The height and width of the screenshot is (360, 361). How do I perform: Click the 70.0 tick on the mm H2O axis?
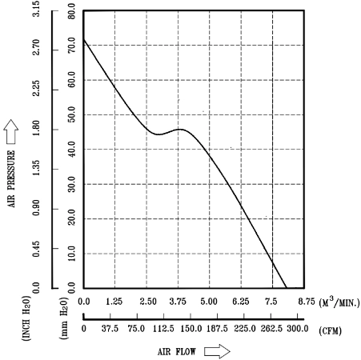71,45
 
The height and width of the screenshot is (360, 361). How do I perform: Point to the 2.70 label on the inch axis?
36,47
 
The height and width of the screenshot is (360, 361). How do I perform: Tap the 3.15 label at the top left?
36,9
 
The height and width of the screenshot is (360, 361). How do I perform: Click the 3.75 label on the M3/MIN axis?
178,302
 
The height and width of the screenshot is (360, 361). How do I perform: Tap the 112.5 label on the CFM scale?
163,329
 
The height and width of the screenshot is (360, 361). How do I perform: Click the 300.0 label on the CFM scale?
298,329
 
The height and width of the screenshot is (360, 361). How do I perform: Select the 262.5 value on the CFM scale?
271,329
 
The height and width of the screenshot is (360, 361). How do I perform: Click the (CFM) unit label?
330,331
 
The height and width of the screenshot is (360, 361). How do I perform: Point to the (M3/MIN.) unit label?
339,302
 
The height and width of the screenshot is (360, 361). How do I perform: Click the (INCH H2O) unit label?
26,318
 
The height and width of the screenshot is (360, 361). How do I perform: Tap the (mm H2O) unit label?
64,318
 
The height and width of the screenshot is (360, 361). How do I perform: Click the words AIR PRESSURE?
11,178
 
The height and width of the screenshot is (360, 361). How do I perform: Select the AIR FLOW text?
177,352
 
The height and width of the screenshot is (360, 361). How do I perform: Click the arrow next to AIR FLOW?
217,351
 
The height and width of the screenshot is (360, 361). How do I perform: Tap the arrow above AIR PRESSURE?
11,131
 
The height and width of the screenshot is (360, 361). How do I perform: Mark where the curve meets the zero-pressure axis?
287,288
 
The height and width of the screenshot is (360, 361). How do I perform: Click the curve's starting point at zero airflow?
84,39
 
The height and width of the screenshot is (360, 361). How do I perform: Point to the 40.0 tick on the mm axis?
71,149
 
